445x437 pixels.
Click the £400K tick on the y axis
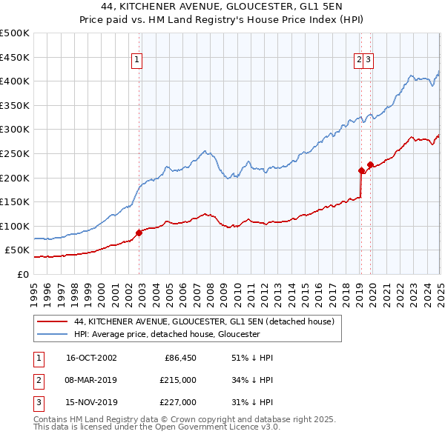coord(15,81)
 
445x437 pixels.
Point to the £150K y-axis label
coord(15,201)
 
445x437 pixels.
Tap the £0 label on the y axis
coord(23,274)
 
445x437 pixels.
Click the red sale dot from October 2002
coord(139,233)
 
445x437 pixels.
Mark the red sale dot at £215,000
coord(361,170)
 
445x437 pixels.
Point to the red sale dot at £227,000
coord(370,164)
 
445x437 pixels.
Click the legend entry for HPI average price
coord(167,334)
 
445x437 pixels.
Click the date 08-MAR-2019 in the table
coord(91,380)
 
